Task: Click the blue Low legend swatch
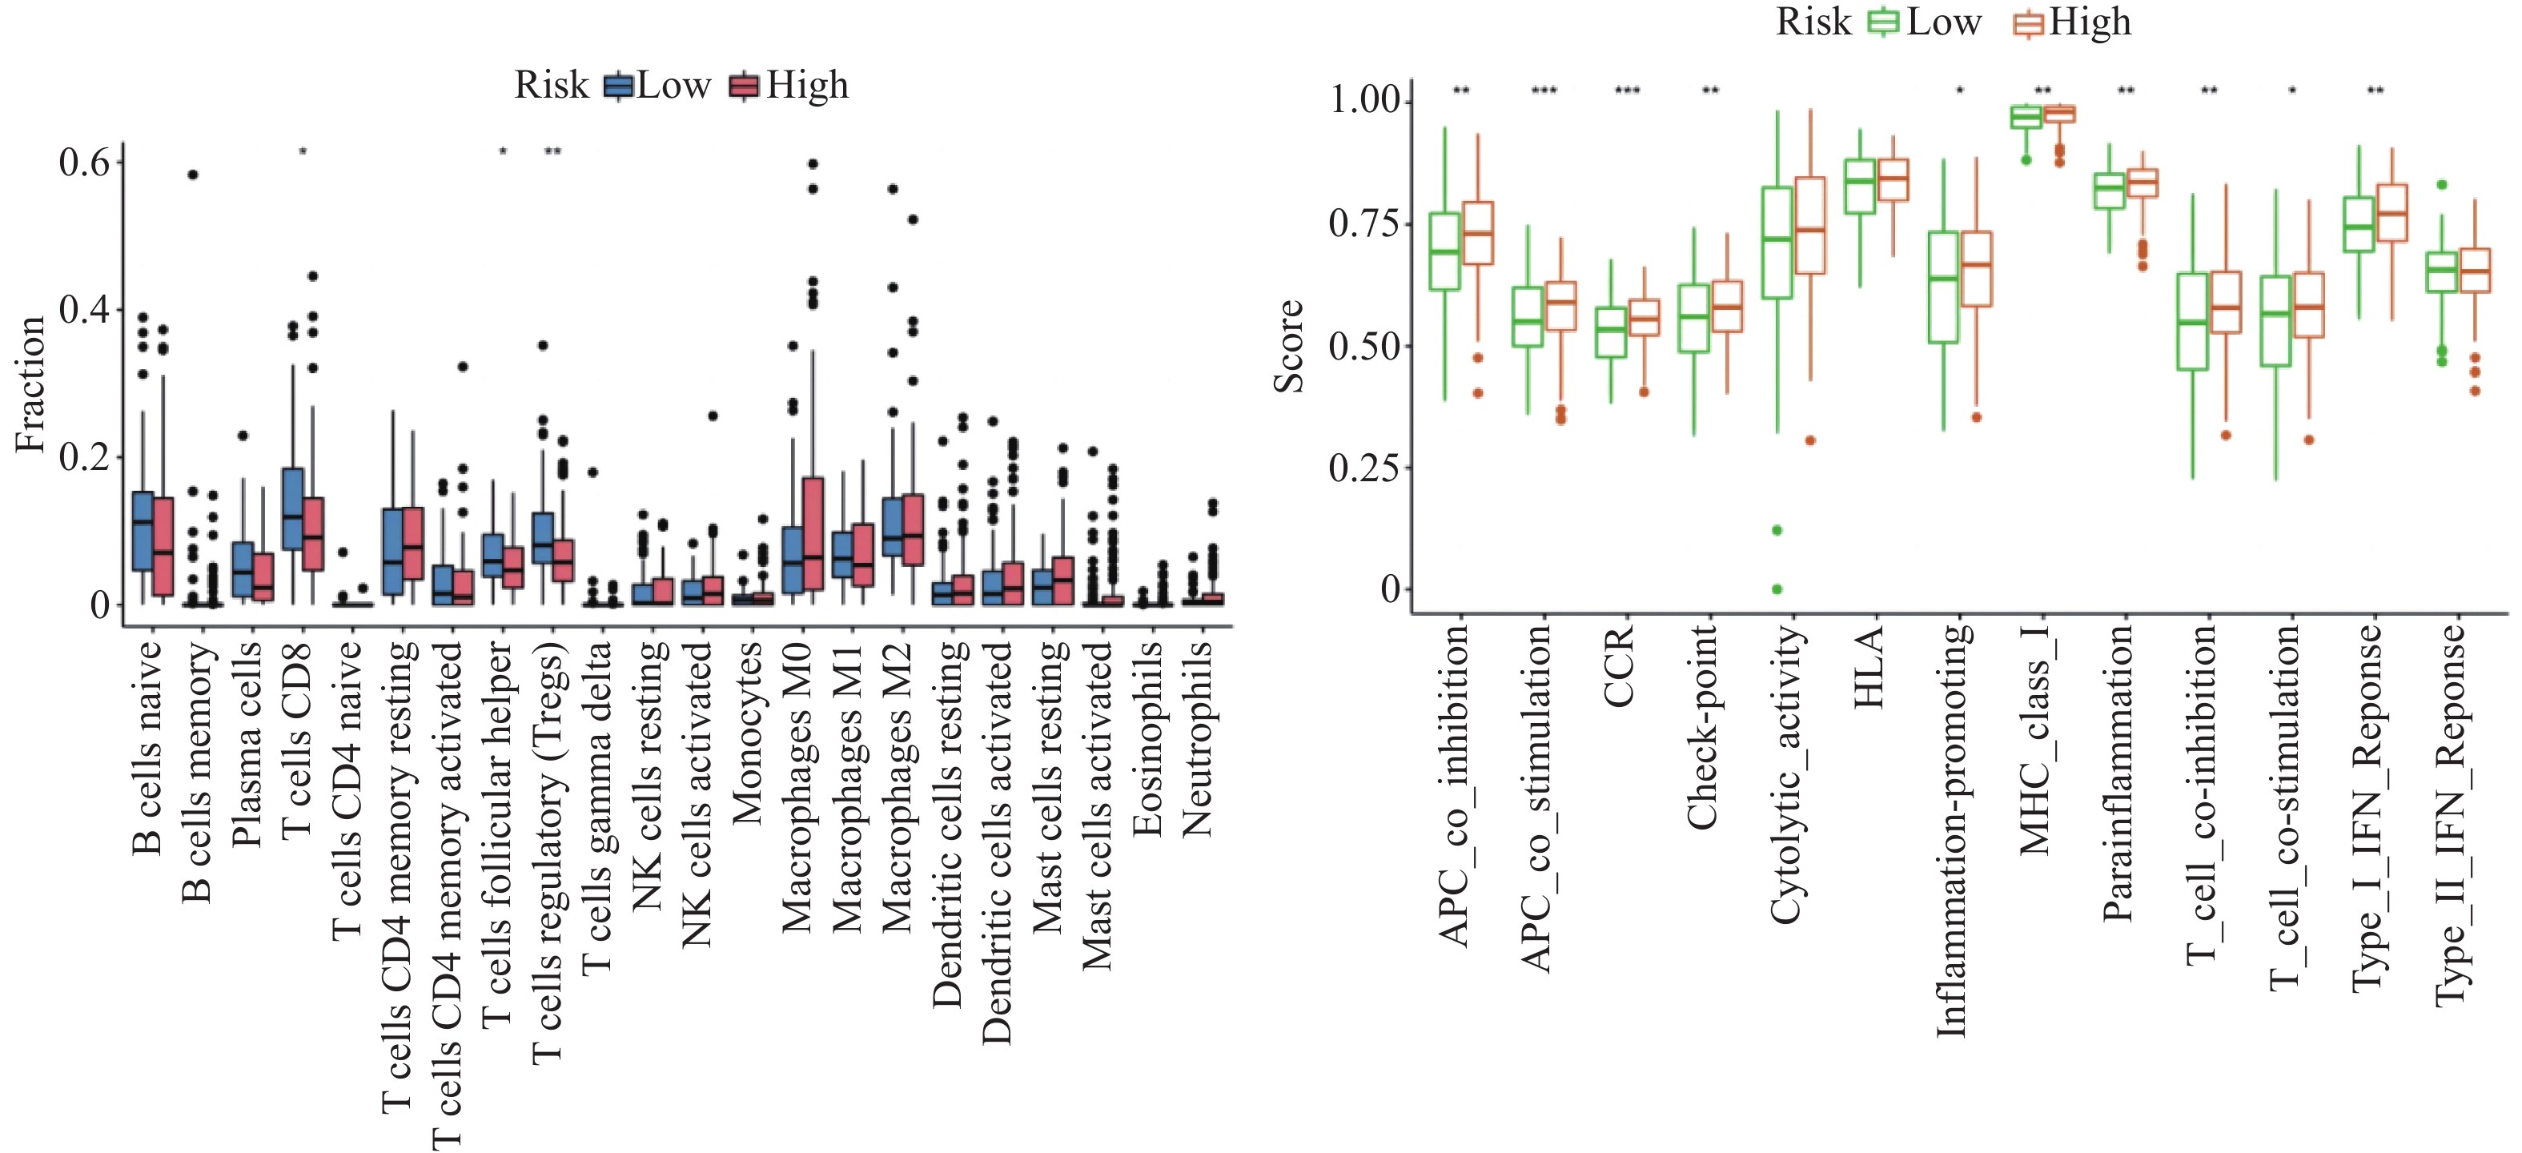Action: coord(618,86)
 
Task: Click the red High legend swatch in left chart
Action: coord(744,86)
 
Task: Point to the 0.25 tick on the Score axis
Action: coord(1363,468)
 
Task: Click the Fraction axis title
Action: coord(30,384)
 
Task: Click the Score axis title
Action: coord(1288,347)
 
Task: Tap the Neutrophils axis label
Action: coord(1198,739)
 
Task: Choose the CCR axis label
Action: coord(1620,665)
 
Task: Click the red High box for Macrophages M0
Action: coord(813,533)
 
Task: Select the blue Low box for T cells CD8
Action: coord(291,509)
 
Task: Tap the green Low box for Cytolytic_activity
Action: coord(1777,243)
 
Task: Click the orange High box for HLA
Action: coord(1894,180)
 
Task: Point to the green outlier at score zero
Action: coord(1777,589)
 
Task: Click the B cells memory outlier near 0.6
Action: coord(193,175)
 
